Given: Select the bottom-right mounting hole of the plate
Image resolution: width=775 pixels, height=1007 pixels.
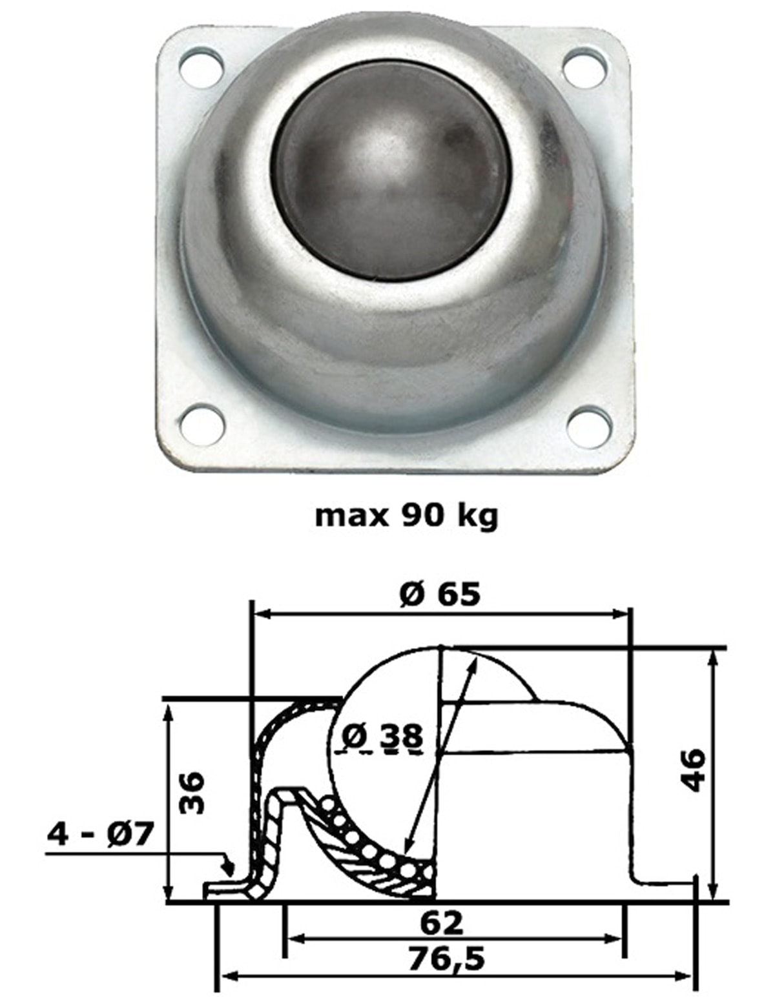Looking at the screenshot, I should [x=589, y=426].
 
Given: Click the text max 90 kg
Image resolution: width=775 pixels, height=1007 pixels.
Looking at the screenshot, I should [x=406, y=516].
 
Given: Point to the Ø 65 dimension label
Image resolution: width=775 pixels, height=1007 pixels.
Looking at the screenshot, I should [x=440, y=594].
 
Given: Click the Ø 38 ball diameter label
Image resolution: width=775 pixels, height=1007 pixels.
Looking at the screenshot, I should [x=382, y=737].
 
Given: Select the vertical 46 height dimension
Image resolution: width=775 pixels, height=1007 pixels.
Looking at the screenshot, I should [x=694, y=769].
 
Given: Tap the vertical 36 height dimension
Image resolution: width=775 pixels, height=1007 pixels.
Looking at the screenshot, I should [x=192, y=792].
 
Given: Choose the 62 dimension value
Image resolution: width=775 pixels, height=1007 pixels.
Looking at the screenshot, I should [x=441, y=923].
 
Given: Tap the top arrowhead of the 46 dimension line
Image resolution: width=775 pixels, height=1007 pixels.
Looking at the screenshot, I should [x=712, y=655].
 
